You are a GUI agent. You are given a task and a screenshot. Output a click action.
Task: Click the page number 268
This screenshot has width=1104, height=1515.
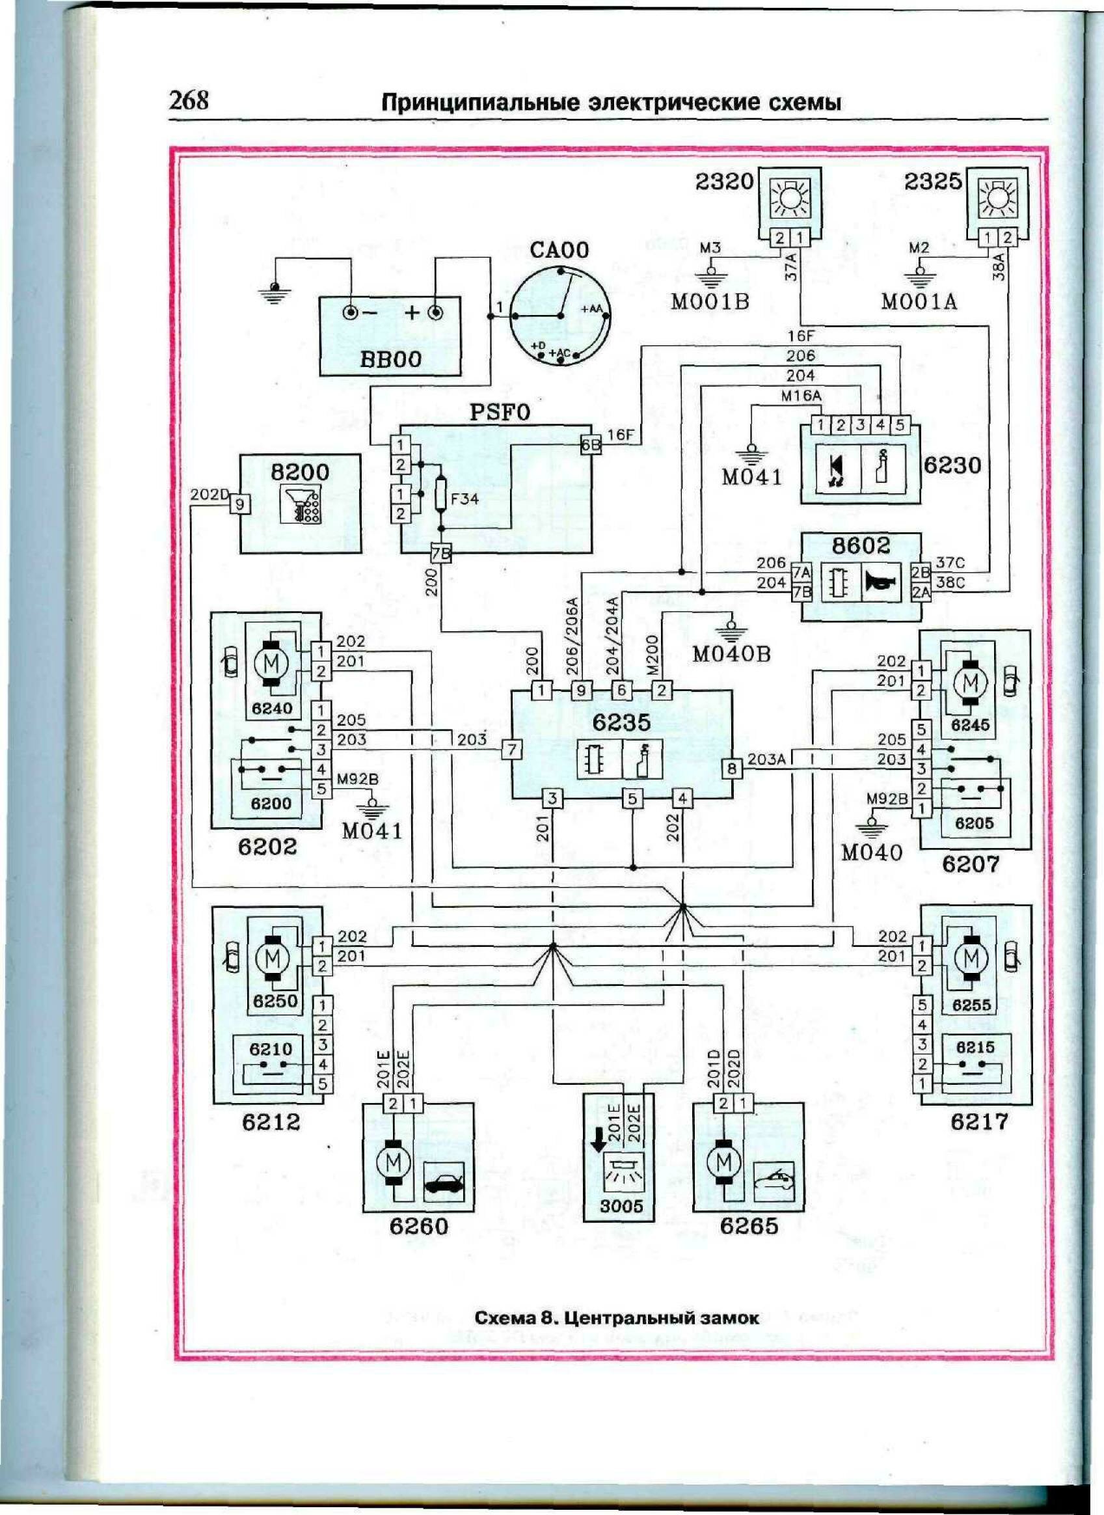(189, 100)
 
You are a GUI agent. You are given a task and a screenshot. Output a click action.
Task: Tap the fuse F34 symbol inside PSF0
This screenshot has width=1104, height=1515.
(441, 495)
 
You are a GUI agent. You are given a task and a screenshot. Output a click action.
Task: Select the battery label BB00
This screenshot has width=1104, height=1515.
(391, 359)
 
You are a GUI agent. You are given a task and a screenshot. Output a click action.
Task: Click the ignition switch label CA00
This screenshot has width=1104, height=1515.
(559, 250)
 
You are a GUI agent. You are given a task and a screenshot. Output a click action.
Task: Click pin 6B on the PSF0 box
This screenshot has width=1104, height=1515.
(591, 445)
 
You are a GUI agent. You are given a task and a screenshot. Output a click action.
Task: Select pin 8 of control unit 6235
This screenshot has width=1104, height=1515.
(732, 769)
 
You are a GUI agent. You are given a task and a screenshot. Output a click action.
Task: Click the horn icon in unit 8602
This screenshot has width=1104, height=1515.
(882, 583)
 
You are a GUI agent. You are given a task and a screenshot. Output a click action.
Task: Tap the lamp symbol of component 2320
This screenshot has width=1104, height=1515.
(790, 198)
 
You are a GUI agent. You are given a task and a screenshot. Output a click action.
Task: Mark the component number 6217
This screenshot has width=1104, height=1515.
(979, 1121)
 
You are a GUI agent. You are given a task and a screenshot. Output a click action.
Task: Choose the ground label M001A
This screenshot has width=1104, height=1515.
(919, 302)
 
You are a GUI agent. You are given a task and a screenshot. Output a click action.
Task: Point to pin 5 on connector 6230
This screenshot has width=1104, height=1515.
(900, 424)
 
